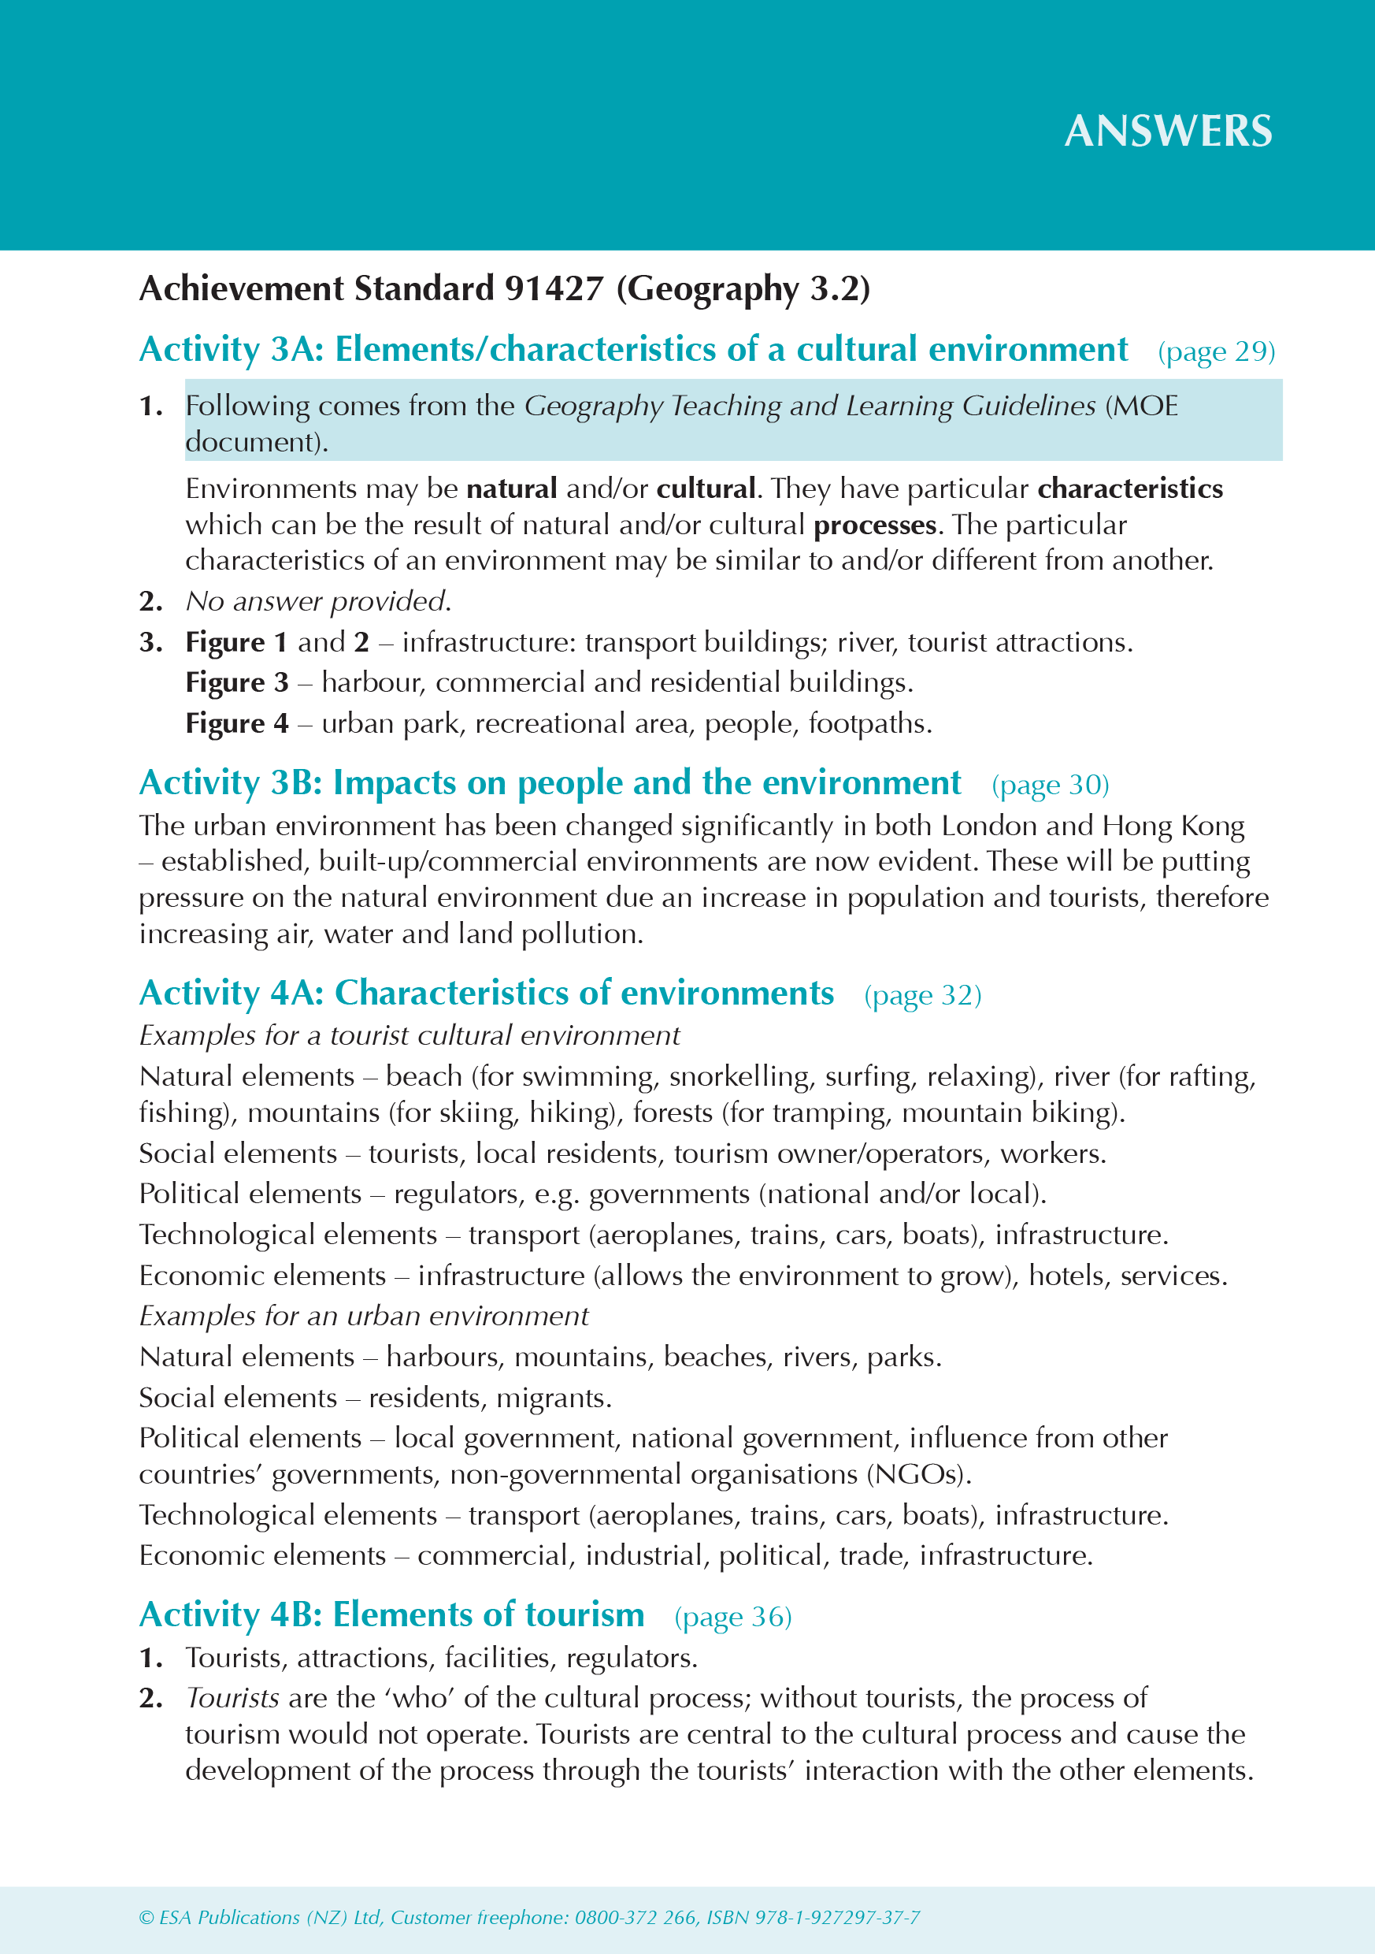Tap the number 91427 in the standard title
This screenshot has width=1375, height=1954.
pos(554,289)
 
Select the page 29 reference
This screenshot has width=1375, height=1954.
pos(1216,351)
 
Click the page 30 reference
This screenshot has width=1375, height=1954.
pos(1050,785)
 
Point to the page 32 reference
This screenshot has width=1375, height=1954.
pos(922,995)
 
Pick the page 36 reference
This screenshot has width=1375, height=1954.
pos(732,1616)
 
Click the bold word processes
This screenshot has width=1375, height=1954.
pos(875,525)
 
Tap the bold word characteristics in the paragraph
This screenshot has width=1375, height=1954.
pos(1130,489)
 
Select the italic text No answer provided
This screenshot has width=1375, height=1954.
pos(318,601)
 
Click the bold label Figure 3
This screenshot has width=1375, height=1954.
pos(236,682)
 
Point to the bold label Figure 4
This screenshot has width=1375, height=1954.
pos(236,723)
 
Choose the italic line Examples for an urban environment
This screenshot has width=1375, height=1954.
pos(363,1316)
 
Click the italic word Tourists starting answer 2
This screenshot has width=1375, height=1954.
pos(232,1698)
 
